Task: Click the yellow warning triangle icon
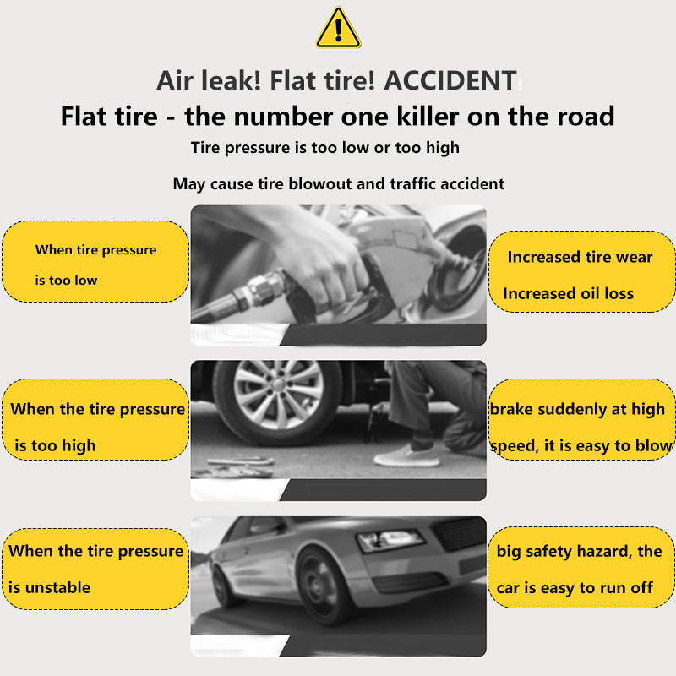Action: (x=339, y=28)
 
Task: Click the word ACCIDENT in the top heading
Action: (x=450, y=80)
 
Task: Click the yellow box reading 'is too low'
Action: (x=95, y=262)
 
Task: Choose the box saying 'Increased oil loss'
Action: (x=581, y=271)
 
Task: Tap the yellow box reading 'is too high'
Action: (x=95, y=419)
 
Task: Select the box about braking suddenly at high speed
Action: (x=581, y=419)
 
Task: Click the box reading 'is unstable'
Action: (x=95, y=569)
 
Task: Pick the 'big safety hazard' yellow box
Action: (x=581, y=567)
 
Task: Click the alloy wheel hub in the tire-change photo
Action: (x=278, y=395)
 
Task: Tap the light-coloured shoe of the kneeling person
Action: (x=406, y=456)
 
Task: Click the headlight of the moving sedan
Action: (x=390, y=540)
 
